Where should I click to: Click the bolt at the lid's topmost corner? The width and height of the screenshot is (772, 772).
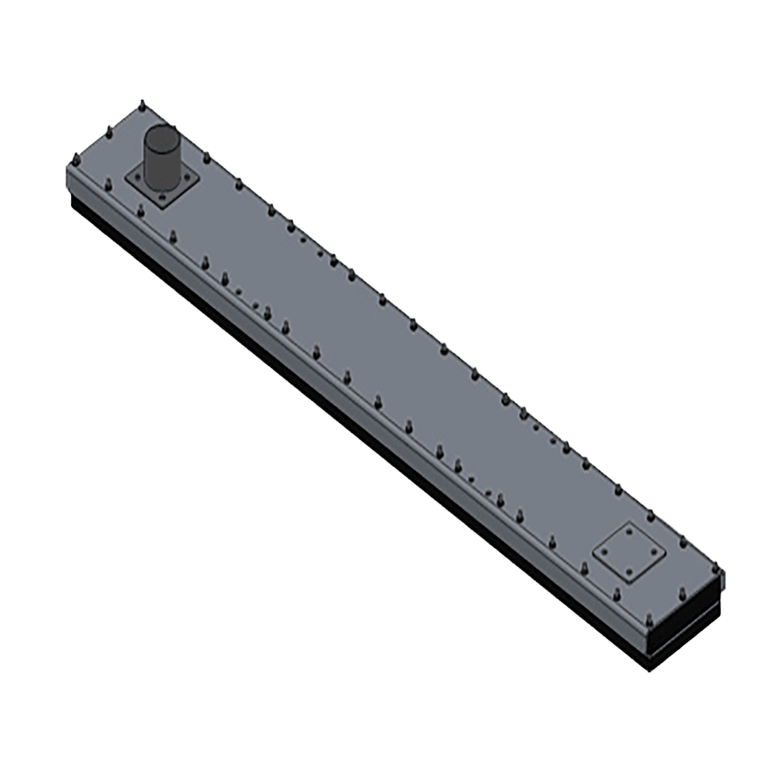point(143,103)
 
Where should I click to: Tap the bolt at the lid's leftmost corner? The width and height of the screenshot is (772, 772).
point(75,159)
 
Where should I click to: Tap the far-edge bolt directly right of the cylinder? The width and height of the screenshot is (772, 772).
point(208,157)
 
